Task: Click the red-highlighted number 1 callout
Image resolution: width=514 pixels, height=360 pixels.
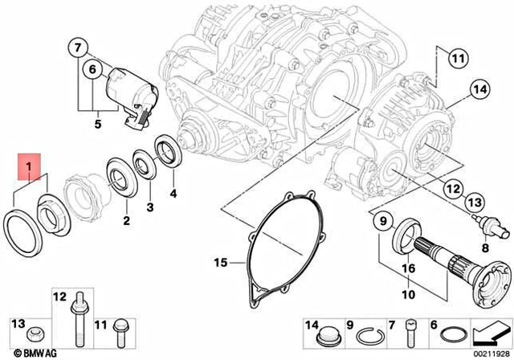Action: click(x=29, y=167)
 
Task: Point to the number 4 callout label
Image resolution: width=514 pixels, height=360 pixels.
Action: click(x=173, y=193)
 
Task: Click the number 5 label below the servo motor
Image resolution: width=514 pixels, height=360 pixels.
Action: click(x=98, y=125)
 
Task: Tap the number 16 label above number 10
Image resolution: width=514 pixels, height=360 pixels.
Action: click(x=408, y=268)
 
